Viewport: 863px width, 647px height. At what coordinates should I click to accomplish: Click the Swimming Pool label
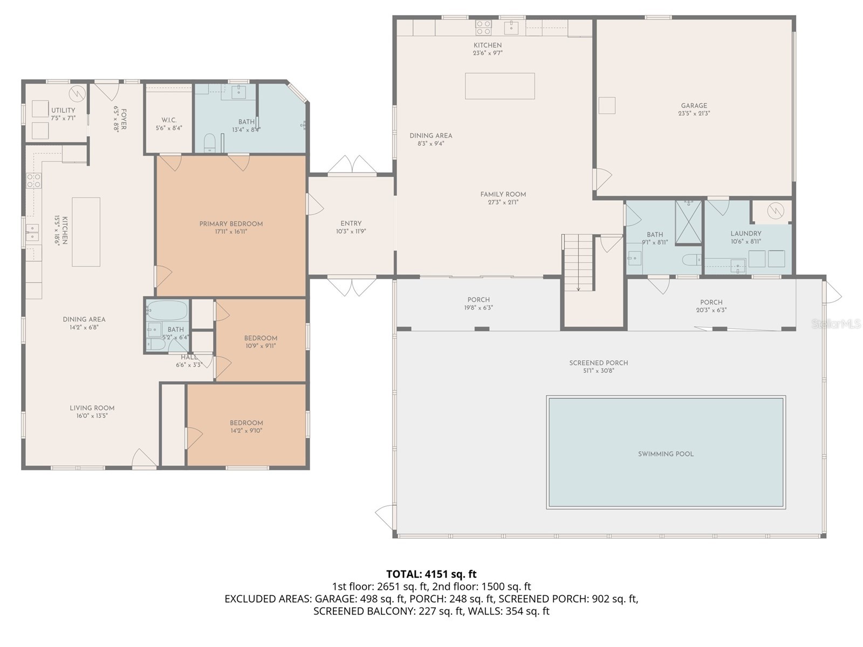[x=666, y=454]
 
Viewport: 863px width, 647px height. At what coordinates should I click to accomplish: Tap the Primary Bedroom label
[x=231, y=224]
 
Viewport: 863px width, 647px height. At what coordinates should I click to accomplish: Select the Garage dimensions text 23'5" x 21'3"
[x=694, y=114]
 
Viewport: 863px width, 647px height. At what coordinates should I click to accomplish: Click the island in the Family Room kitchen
[x=499, y=86]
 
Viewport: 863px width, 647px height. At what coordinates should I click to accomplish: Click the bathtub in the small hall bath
[x=167, y=311]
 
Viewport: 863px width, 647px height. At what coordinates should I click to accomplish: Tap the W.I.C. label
[x=169, y=120]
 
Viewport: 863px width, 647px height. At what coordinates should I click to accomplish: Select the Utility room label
[x=63, y=111]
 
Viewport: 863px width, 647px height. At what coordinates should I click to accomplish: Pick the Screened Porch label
[x=598, y=363]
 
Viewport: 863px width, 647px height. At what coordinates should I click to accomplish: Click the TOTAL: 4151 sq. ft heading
[x=431, y=574]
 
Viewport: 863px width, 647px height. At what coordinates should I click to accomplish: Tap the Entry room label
[x=351, y=223]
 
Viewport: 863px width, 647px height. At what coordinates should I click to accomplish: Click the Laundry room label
[x=745, y=233]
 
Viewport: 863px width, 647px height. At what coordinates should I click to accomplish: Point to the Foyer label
[x=124, y=119]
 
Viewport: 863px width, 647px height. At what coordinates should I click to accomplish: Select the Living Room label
[x=92, y=408]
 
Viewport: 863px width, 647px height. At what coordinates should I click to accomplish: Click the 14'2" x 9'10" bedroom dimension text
[x=246, y=431]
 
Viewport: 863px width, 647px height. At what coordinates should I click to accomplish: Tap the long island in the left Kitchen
[x=86, y=232]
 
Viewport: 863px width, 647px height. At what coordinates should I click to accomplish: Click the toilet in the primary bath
[x=209, y=143]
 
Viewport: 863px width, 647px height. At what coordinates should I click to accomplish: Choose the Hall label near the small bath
[x=189, y=357]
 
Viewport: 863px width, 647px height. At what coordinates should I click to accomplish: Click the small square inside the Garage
[x=607, y=105]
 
